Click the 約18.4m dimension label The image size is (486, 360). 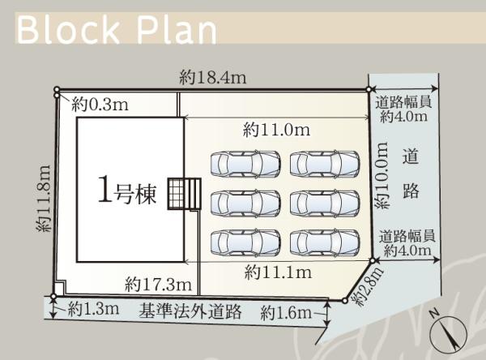(x=213, y=77)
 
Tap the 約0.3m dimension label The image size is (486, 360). (x=100, y=105)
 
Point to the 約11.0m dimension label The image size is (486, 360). (x=276, y=130)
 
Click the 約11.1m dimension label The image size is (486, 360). (x=278, y=272)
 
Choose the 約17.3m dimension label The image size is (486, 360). (x=159, y=285)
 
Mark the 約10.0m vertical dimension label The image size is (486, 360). (x=383, y=175)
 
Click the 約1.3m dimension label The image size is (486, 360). (x=93, y=309)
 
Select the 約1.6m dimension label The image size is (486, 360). (x=286, y=313)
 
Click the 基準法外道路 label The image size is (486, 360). (x=190, y=311)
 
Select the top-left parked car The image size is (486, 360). (x=245, y=164)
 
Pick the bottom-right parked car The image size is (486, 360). (x=325, y=242)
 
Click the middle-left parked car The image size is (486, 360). (x=245, y=204)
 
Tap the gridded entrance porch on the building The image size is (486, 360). (x=176, y=194)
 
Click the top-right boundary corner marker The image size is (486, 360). (x=369, y=90)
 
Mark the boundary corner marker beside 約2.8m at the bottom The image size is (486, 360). (x=344, y=301)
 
